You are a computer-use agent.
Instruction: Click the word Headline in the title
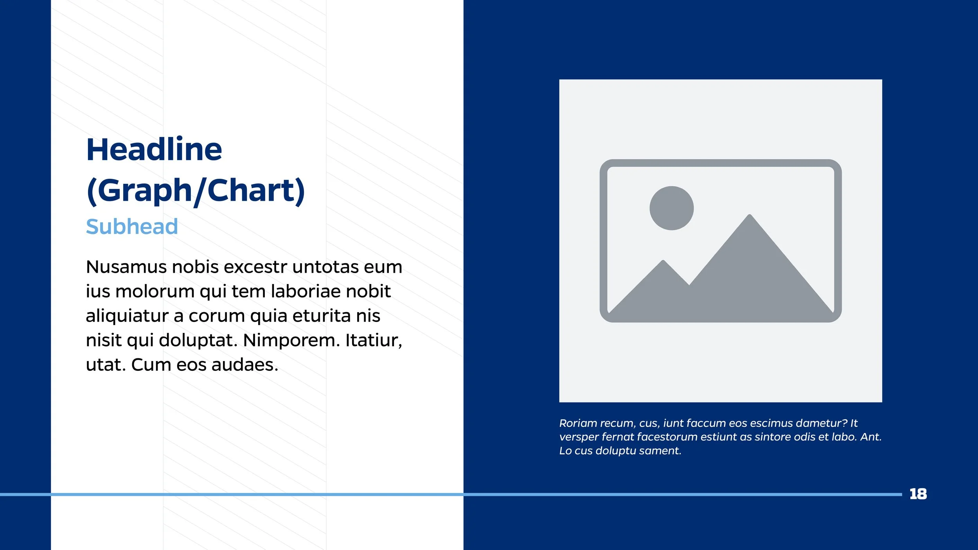[x=154, y=149]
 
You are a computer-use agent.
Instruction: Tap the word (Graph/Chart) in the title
[x=195, y=191]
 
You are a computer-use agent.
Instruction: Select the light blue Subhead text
[x=132, y=226]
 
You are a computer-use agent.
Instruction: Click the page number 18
[x=918, y=494]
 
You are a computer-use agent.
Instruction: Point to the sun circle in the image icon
[x=671, y=208]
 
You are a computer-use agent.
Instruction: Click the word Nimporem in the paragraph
[x=291, y=340]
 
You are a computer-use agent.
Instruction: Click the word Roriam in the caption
[x=577, y=423]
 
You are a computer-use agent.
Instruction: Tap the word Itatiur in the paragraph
[x=373, y=340]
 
